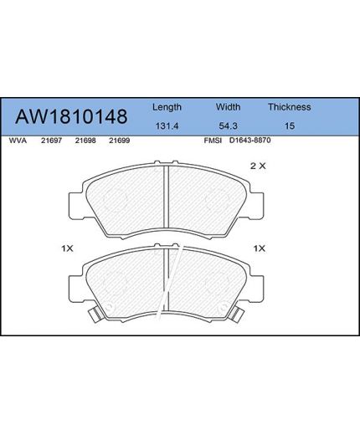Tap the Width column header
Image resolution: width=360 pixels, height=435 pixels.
[x=229, y=107]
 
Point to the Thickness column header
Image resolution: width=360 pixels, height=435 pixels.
[x=289, y=107]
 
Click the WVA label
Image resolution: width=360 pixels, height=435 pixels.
[x=18, y=141]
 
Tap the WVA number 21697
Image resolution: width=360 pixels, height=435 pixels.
[x=52, y=141]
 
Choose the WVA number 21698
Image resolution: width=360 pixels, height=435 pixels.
[x=85, y=141]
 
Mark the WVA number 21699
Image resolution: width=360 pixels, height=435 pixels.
[x=118, y=141]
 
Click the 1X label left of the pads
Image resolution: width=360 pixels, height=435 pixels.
[x=67, y=248]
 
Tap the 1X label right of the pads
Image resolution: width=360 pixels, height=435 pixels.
[x=259, y=248]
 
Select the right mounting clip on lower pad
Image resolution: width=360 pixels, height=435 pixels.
[x=238, y=315]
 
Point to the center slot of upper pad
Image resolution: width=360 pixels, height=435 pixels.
[x=167, y=202]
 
